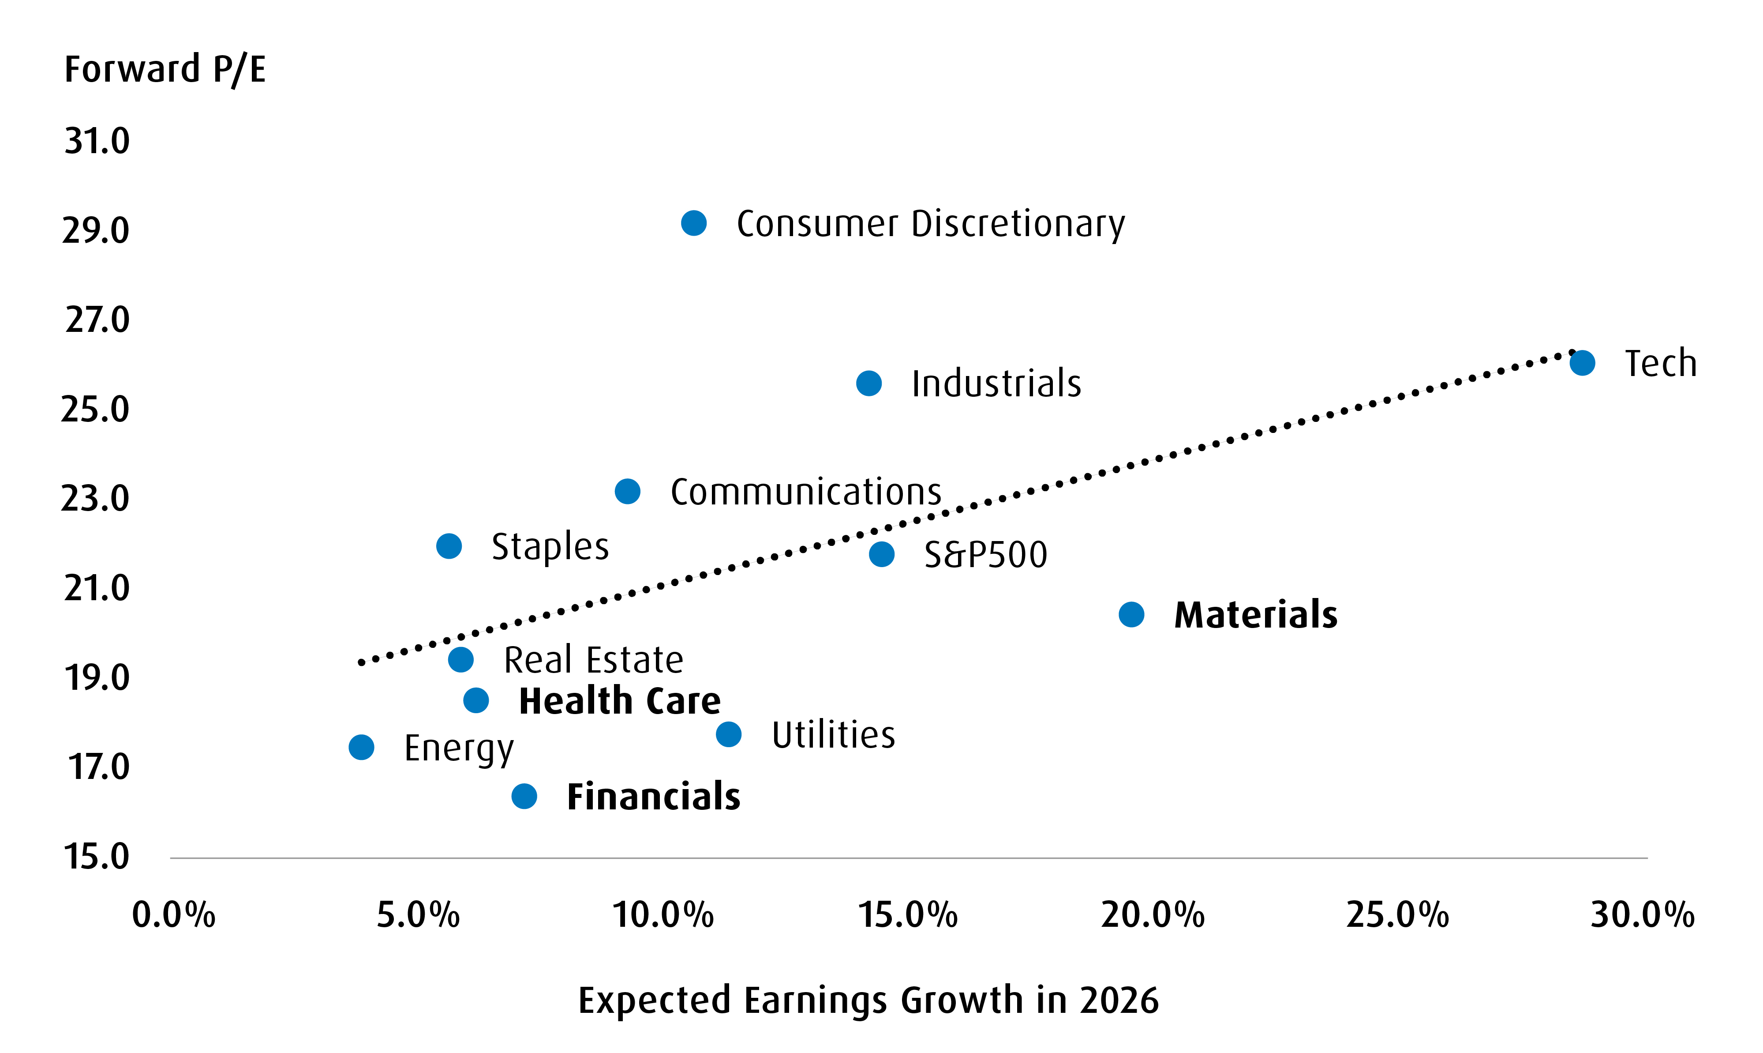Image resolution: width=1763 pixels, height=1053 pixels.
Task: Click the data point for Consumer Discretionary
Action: coord(693,223)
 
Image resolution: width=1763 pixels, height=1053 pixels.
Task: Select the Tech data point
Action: coord(1582,363)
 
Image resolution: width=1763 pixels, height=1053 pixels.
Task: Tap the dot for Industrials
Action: coord(869,383)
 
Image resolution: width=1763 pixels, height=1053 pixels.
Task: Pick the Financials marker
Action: coord(524,796)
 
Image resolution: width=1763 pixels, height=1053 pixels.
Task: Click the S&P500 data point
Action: coord(881,554)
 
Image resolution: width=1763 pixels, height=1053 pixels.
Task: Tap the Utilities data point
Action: coord(728,734)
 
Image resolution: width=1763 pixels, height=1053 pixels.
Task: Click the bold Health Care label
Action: coord(620,701)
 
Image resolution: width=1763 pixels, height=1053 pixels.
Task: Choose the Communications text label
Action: coord(805,492)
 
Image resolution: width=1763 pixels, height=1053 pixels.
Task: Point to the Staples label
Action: coord(550,546)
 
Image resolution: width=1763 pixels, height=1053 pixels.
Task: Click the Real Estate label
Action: coord(594,660)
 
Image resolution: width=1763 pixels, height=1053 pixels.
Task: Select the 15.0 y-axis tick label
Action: coord(97,857)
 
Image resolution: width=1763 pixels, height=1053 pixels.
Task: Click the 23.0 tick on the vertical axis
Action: coord(96,498)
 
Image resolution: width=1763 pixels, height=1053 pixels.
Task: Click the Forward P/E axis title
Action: coord(165,70)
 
